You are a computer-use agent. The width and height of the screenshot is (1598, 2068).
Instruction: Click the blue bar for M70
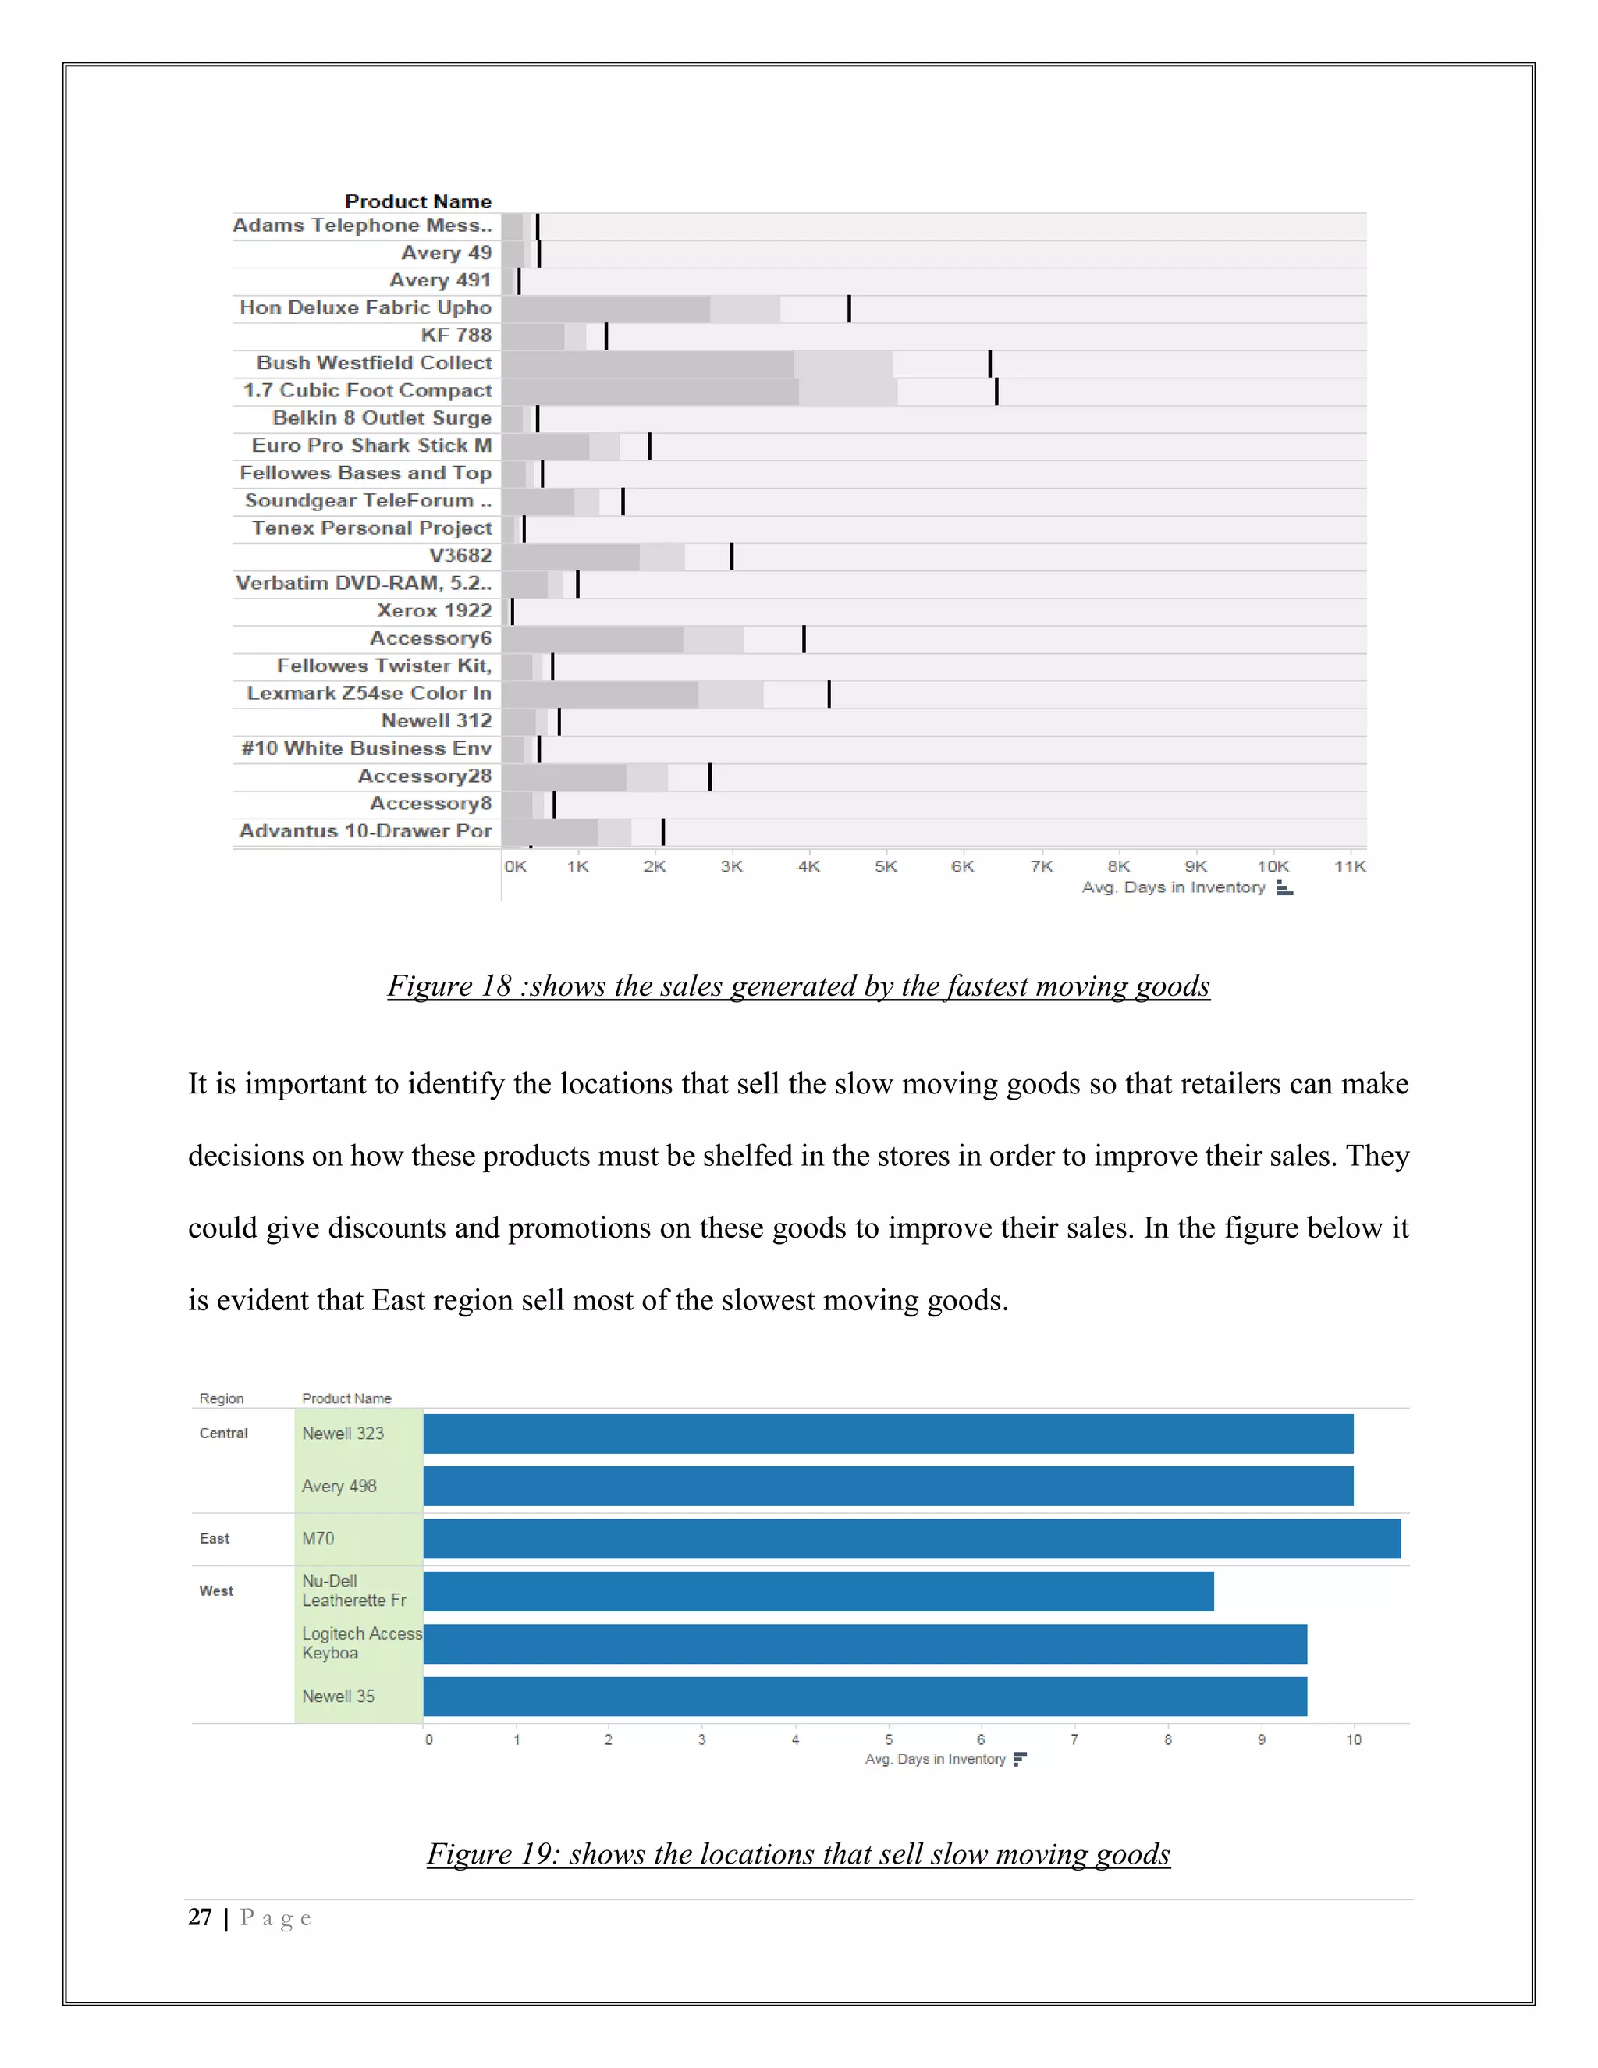coord(911,1539)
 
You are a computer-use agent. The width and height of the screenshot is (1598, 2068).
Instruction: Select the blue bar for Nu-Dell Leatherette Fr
coord(818,1592)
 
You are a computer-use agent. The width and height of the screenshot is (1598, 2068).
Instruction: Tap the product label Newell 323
coord(343,1434)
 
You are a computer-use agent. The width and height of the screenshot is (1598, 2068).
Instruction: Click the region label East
coord(214,1539)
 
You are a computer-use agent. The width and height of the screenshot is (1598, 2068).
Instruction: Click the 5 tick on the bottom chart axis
coord(888,1739)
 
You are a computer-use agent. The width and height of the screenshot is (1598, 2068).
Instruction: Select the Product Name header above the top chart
coord(417,201)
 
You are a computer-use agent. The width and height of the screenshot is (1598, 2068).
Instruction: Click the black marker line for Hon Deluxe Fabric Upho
coord(849,309)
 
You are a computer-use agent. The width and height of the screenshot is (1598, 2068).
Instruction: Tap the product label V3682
coord(460,556)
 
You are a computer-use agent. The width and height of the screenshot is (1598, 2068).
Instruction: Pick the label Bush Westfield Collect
coord(374,363)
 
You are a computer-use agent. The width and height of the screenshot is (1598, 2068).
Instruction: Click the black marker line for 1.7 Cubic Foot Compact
coord(996,391)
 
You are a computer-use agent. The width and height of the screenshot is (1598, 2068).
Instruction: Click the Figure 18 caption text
coord(798,986)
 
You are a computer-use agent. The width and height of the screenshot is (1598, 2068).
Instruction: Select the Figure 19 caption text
coord(798,1854)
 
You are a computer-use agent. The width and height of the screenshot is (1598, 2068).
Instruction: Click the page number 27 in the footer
coord(200,1917)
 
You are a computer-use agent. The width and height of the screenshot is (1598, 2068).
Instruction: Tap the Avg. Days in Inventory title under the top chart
coord(1173,887)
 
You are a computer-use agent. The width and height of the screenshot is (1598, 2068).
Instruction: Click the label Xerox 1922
coord(435,611)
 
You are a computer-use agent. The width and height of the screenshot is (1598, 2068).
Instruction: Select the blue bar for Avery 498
coord(888,1487)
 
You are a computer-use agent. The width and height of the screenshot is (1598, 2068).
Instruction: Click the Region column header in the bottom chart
coord(221,1398)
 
